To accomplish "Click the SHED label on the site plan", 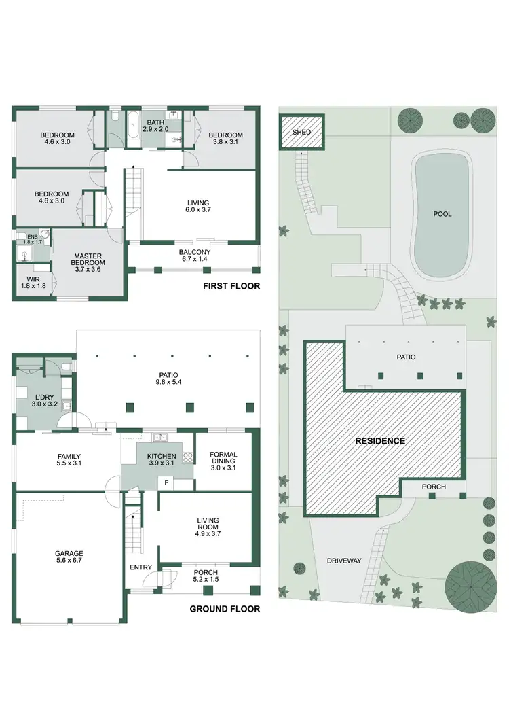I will (x=301, y=132).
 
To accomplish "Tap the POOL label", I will (x=442, y=214).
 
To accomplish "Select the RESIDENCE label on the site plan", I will (x=380, y=441).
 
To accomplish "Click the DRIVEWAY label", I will (x=344, y=561).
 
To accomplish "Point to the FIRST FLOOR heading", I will (x=231, y=287).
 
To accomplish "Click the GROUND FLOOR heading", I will (x=225, y=609).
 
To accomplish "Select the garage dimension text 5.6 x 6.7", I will (x=69, y=562).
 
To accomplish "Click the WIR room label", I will (x=31, y=279).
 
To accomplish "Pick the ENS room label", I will (x=32, y=236).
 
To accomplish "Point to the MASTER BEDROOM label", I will (x=88, y=260).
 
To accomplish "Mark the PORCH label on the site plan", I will (x=433, y=487).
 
